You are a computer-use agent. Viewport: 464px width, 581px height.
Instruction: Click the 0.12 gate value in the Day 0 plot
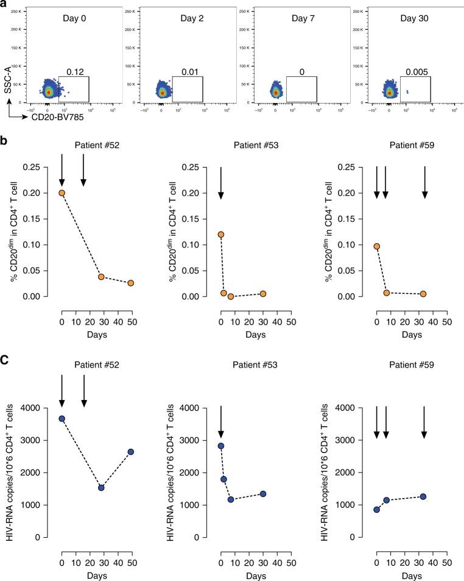point(74,72)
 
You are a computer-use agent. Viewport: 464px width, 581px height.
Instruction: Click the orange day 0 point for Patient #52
point(62,193)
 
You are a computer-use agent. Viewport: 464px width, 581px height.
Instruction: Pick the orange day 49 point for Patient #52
point(131,283)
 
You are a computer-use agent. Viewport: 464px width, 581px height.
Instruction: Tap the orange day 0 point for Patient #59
point(377,246)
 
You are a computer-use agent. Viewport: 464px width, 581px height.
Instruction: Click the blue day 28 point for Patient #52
point(101,488)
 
